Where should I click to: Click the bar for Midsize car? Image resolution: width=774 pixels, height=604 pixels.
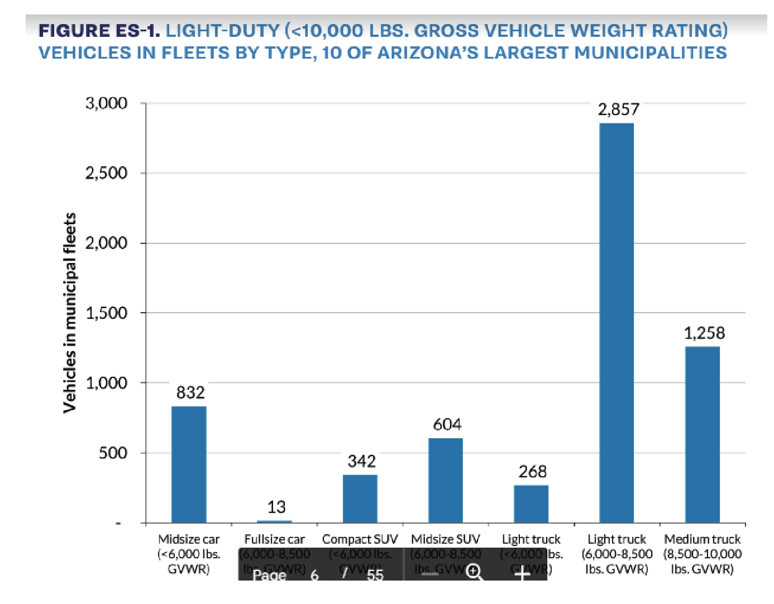point(189,464)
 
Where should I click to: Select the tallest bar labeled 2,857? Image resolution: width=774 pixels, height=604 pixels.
point(617,323)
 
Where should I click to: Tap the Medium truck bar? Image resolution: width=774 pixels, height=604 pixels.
point(702,434)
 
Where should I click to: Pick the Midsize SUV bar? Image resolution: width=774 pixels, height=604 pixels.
point(446,480)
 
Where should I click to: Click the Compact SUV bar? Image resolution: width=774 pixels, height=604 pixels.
point(360,498)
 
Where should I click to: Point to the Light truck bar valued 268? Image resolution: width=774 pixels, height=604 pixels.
point(531,504)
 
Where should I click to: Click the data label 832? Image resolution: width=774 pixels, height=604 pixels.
point(190,392)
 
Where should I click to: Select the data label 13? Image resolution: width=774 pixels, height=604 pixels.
point(276,507)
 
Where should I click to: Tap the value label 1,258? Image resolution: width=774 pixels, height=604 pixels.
point(704,333)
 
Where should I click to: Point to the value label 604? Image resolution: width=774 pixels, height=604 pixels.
point(447,425)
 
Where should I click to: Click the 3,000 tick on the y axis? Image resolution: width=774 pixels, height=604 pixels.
point(106,103)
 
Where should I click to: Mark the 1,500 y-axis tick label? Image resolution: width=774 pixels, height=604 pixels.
point(106,313)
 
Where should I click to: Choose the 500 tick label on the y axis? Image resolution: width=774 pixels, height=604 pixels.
point(113,453)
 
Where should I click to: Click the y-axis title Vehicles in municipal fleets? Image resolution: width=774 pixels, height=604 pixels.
point(69,313)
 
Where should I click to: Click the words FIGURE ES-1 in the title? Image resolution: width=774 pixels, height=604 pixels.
point(99,30)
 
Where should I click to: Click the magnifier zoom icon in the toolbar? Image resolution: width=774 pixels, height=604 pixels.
point(474,572)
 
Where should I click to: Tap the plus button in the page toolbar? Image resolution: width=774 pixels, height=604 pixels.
point(522,573)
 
